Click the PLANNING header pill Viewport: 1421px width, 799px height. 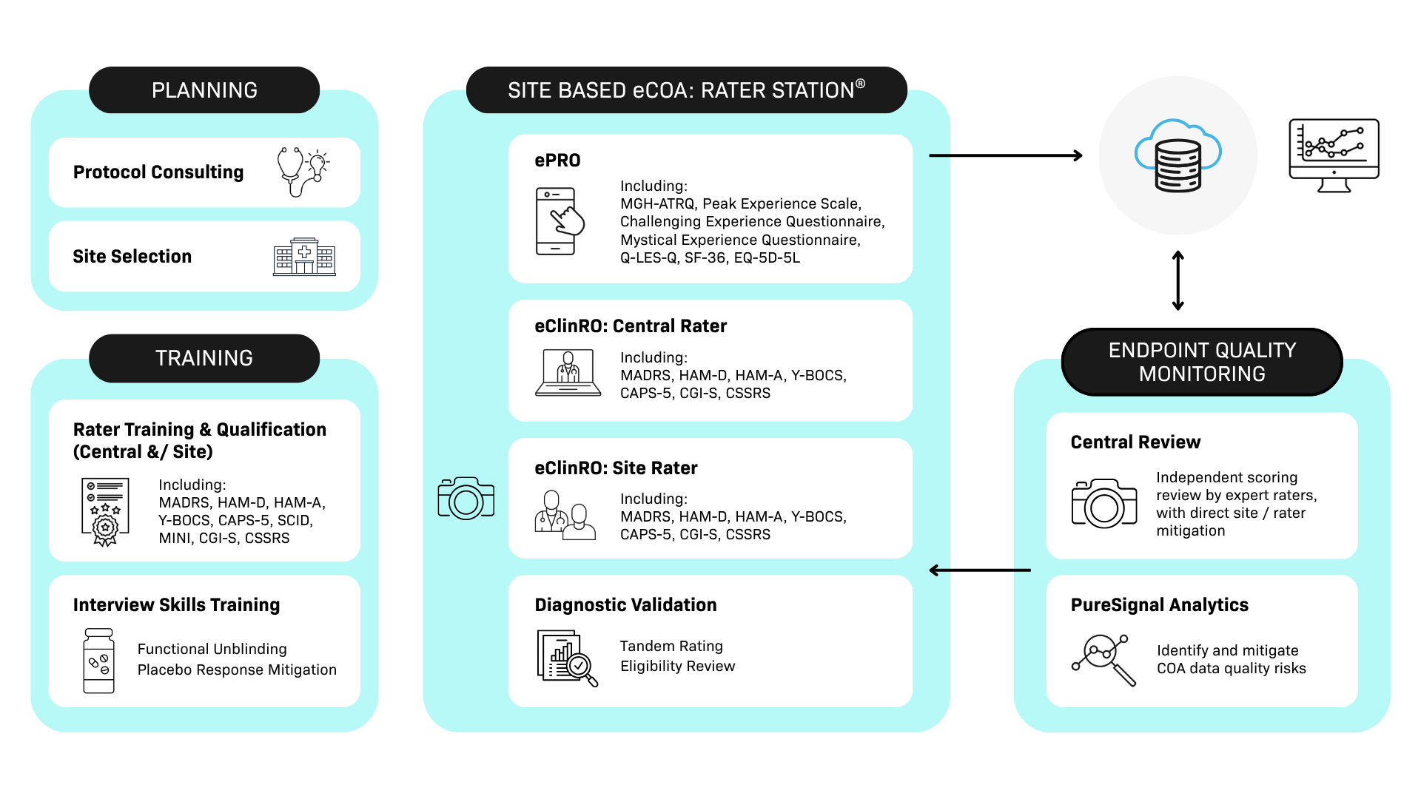pyautogui.click(x=204, y=90)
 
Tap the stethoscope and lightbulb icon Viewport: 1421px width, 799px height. pyautogui.click(x=303, y=172)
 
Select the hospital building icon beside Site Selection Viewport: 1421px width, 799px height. pyautogui.click(x=304, y=257)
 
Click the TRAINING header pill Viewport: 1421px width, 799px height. pyautogui.click(x=204, y=358)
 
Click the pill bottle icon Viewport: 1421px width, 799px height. pyautogui.click(x=98, y=661)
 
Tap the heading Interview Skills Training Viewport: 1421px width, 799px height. pyautogui.click(x=176, y=605)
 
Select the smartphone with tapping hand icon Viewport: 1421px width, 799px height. pyautogui.click(x=560, y=221)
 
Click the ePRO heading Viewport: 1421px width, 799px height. pyautogui.click(x=557, y=161)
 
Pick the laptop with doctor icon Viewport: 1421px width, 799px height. pyautogui.click(x=568, y=373)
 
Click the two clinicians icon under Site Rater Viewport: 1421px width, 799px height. pyautogui.click(x=565, y=515)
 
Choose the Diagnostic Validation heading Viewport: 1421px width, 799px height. pyautogui.click(x=625, y=605)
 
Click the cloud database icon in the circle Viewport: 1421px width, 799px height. pyautogui.click(x=1178, y=156)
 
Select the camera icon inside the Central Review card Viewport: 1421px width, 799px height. pyautogui.click(x=1103, y=504)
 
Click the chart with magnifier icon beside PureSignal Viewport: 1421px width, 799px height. pyautogui.click(x=1103, y=660)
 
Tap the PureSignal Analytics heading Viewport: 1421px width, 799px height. pyautogui.click(x=1159, y=605)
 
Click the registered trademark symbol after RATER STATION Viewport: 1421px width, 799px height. pyautogui.click(x=860, y=84)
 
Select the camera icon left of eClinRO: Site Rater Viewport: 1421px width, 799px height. pyautogui.click(x=466, y=498)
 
